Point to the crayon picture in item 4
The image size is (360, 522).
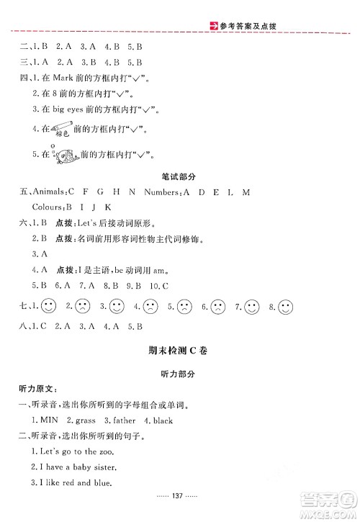[63, 130]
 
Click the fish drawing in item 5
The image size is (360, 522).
[65, 154]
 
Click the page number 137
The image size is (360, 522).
[179, 508]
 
